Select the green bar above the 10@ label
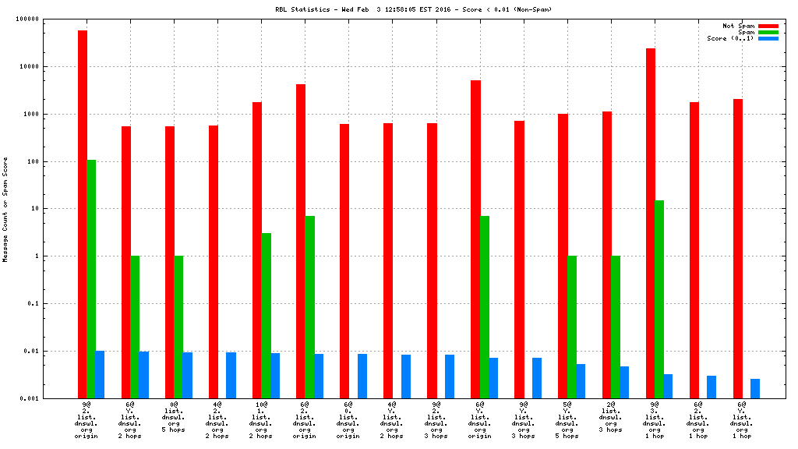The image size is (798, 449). point(267,316)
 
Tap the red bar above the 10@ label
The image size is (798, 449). point(257,249)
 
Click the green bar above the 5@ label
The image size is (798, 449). point(572,327)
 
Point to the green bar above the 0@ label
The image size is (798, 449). point(178,327)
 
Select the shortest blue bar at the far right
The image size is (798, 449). point(755,388)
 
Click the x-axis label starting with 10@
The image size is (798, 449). point(262,420)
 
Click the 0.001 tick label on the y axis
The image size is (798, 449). point(51,398)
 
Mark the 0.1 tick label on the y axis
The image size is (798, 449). point(55,304)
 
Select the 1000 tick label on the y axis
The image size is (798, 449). point(53,115)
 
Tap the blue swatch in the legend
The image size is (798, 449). point(768,38)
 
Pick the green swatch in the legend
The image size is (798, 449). point(768,32)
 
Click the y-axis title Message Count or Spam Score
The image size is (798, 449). point(6,209)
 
